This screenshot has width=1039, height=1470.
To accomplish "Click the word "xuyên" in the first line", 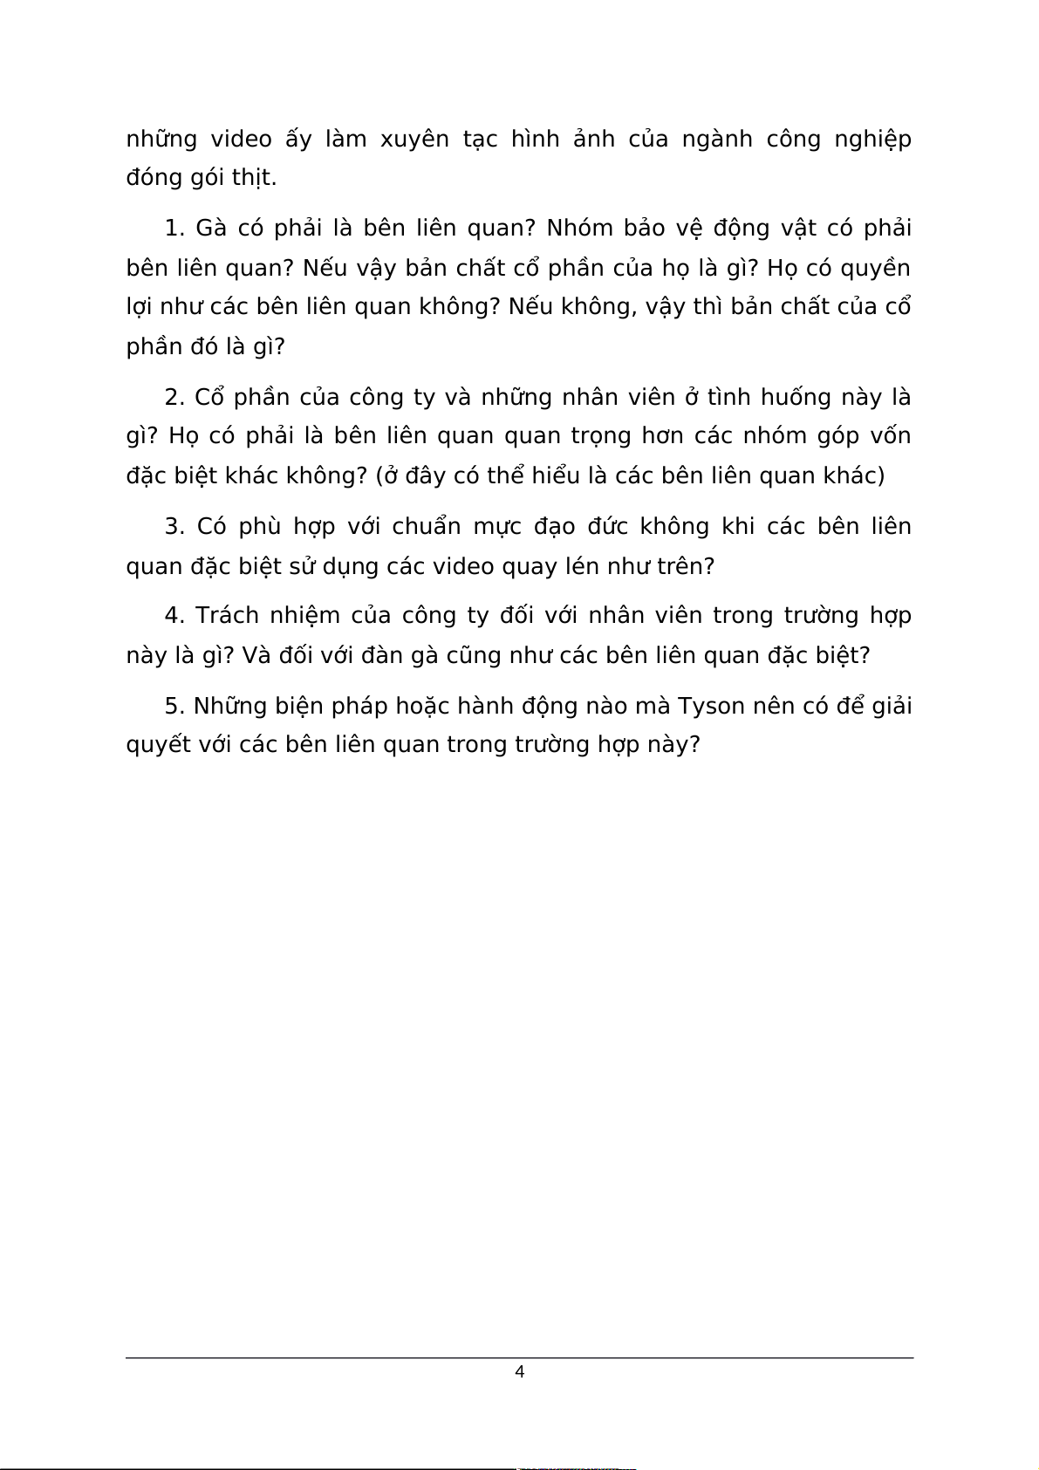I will (414, 140).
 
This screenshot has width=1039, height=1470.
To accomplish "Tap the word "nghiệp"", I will (872, 140).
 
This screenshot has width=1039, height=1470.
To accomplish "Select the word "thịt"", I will (252, 178).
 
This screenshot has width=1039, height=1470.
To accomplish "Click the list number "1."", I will (174, 229).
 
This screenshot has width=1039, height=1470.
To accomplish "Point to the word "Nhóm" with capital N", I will (578, 229).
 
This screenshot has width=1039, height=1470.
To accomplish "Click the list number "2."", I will (174, 398).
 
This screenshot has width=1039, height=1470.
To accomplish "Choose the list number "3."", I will (174, 527).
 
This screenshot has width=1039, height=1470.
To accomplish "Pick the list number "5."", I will (174, 706).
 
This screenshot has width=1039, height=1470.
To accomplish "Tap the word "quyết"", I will (158, 745).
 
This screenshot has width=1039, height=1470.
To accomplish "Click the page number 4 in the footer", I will (520, 1372).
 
